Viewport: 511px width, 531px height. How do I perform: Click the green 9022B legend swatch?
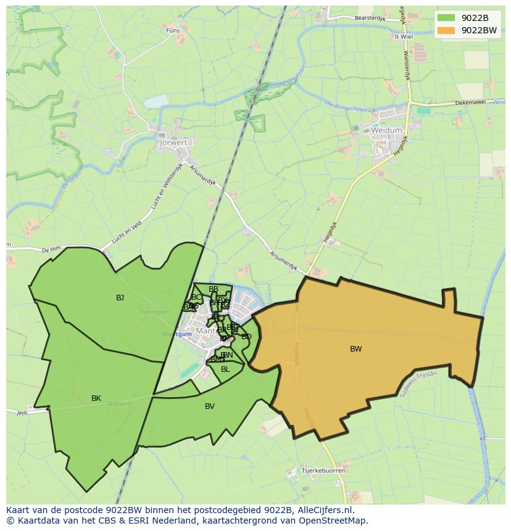pos(446,17)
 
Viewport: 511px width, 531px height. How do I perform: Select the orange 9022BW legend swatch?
pos(446,30)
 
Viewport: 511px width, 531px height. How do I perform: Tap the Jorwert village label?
pos(172,142)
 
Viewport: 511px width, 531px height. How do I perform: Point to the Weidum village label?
pos(387,131)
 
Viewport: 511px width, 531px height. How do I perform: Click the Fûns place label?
pos(173,30)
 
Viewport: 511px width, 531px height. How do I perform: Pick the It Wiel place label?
pos(404,36)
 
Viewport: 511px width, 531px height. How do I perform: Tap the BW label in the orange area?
pos(356,349)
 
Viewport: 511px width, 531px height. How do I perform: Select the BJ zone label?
pos(120,298)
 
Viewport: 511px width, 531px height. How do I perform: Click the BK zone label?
pos(96,398)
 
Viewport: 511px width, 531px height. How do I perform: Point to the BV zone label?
pos(210,406)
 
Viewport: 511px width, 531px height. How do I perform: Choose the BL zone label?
pos(225,369)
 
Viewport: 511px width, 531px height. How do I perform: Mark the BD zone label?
pos(246,337)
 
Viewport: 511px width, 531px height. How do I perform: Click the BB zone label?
pos(214,289)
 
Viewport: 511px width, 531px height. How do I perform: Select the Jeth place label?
pos(22,413)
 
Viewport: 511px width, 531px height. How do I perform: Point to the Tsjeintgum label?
pos(154,311)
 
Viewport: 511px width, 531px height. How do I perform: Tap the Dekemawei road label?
pos(470,103)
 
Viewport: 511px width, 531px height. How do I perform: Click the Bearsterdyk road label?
pos(370,19)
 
